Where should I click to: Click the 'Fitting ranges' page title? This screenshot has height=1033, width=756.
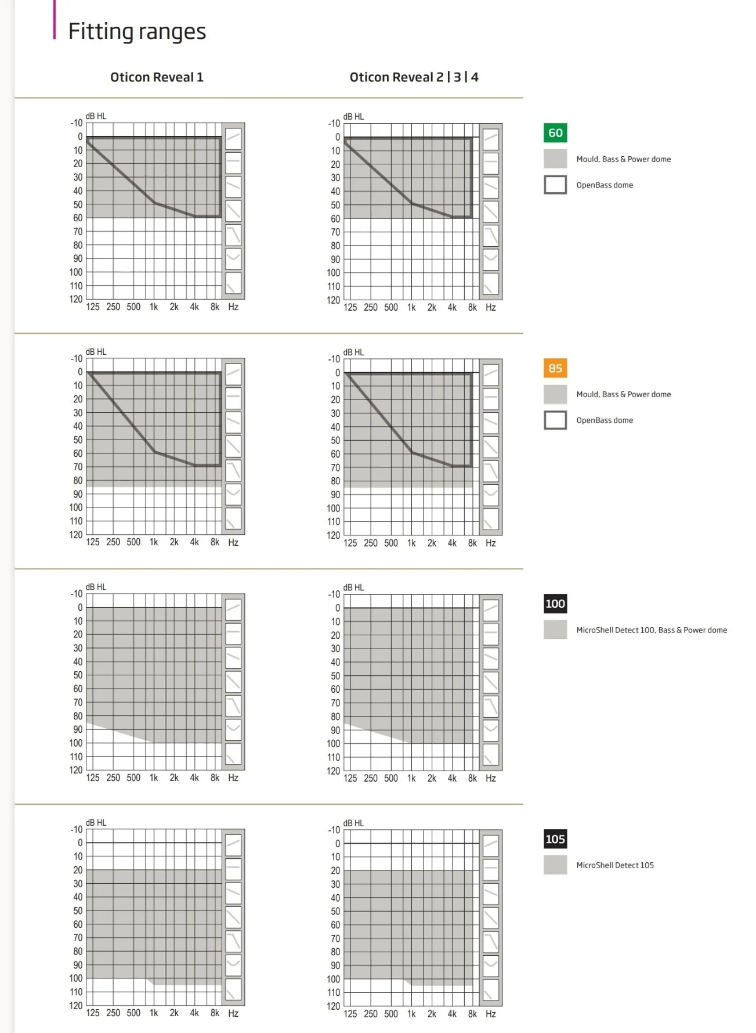click(137, 31)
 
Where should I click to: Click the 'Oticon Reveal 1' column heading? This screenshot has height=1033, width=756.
click(157, 77)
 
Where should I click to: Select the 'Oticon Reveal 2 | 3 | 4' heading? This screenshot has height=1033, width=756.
click(414, 77)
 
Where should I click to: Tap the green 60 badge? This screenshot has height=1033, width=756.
click(555, 133)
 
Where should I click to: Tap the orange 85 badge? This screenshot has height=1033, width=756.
click(555, 368)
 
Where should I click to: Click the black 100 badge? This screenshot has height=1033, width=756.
click(555, 604)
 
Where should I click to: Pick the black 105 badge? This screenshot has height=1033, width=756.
click(555, 839)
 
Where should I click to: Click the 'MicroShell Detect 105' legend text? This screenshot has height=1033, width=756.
click(615, 865)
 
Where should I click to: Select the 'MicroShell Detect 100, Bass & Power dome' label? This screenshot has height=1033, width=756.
click(652, 630)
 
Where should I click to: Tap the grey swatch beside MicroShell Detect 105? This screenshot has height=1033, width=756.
click(555, 865)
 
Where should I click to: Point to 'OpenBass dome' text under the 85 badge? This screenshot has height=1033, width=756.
click(605, 420)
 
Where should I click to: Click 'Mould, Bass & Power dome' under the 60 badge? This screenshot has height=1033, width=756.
click(624, 159)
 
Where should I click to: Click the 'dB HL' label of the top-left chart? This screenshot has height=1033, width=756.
click(96, 116)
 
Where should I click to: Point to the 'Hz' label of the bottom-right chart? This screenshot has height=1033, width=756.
click(491, 1014)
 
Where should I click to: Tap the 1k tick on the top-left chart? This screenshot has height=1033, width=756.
click(154, 307)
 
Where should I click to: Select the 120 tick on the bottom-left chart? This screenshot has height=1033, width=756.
click(76, 1006)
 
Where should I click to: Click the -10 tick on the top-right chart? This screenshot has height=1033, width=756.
click(334, 124)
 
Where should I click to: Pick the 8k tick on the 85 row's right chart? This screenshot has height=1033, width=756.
click(472, 543)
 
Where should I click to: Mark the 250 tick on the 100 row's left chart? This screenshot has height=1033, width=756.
click(113, 778)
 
